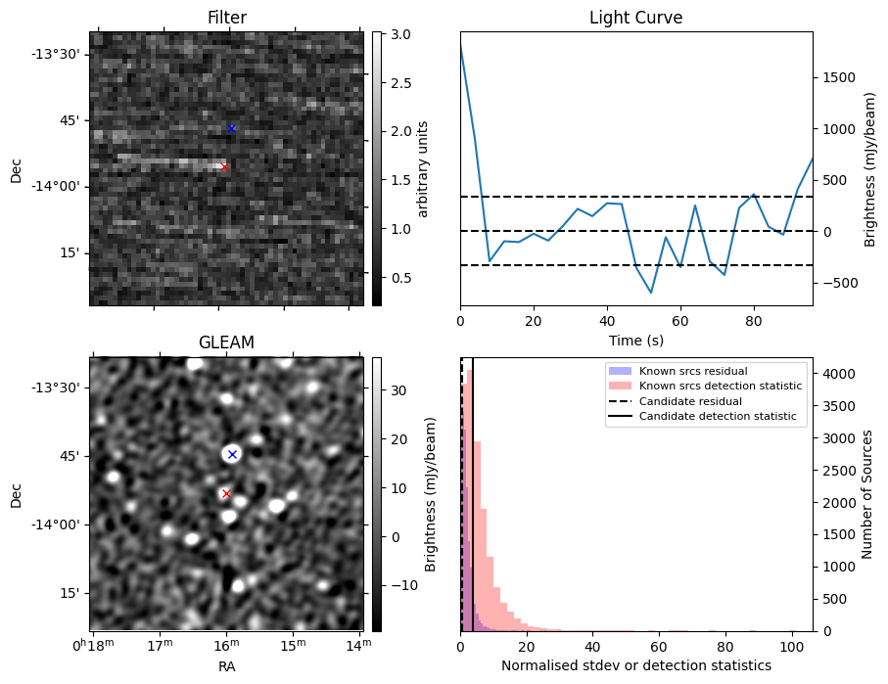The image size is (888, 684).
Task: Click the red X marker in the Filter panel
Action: coord(224,166)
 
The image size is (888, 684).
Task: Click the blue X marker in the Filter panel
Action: coord(231,128)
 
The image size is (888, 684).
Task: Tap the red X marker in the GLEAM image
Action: coord(226,494)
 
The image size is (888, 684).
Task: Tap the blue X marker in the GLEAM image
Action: coord(232,454)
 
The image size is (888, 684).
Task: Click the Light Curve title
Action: coord(636,18)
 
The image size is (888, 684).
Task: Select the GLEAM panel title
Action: coord(226,342)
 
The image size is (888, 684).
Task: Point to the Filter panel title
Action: coord(227,18)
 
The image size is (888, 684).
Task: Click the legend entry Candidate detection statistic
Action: coord(718,416)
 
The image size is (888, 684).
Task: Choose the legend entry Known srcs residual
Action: coord(693,371)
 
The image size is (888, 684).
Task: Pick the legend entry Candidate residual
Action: coord(690,401)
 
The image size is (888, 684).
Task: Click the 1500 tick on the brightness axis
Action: coord(839,77)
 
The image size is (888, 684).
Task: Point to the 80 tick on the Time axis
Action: coord(754,321)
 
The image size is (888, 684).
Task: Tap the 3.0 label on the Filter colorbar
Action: coord(400,34)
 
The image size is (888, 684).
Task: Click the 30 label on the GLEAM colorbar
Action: coord(398,390)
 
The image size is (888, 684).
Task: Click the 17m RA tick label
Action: coord(161,645)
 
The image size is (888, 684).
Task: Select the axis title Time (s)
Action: coord(636,341)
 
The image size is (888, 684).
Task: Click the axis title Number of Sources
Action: coord(866,494)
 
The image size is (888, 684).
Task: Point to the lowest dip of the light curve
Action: coord(651,293)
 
